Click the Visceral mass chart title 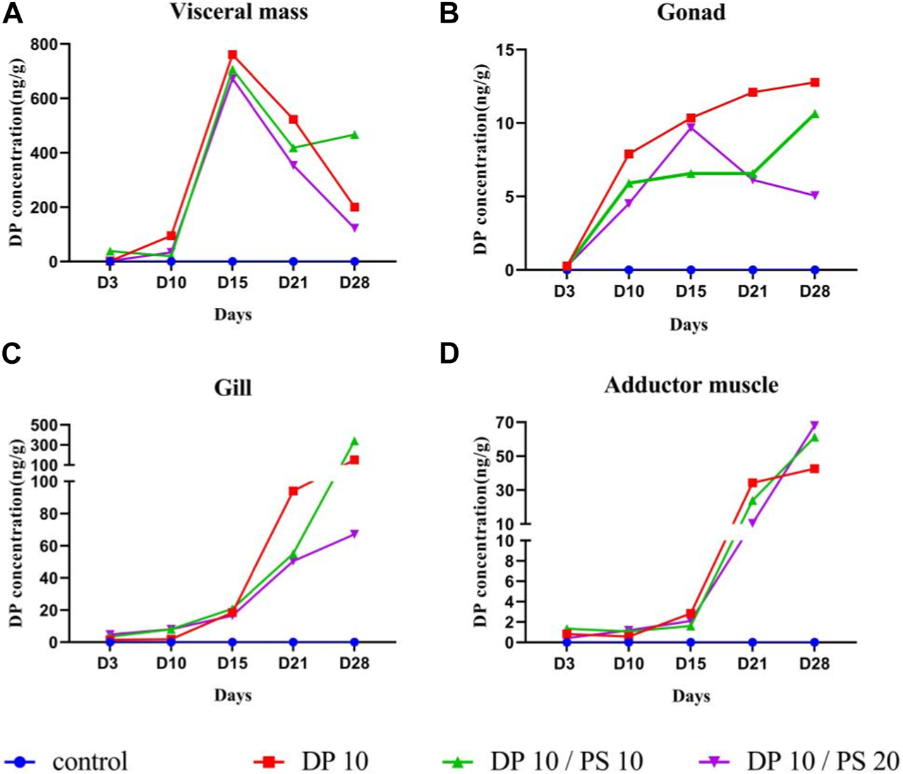238,12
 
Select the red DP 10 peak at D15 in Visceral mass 232,55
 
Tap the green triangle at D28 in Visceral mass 355,135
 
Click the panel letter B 449,13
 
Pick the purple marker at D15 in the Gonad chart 691,128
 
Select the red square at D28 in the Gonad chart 814,82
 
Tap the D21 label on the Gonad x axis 752,291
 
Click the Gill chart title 232,388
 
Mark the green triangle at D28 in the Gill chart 354,442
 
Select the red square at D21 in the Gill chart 293,491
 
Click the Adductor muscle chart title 691,386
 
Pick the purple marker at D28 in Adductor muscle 814,425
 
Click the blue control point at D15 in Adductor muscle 691,642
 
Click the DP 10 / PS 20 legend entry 798,761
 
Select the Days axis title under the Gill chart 233,695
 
